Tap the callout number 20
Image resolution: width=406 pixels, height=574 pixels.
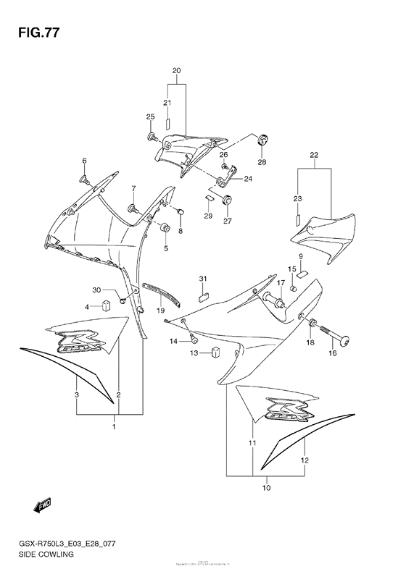click(175, 71)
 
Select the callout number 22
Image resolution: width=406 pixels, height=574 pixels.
click(314, 155)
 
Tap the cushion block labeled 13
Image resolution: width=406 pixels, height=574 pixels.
click(215, 353)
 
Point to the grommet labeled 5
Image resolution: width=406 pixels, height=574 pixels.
click(165, 229)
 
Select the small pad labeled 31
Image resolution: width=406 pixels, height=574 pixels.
click(204, 295)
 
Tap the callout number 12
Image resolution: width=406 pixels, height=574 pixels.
click(305, 460)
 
